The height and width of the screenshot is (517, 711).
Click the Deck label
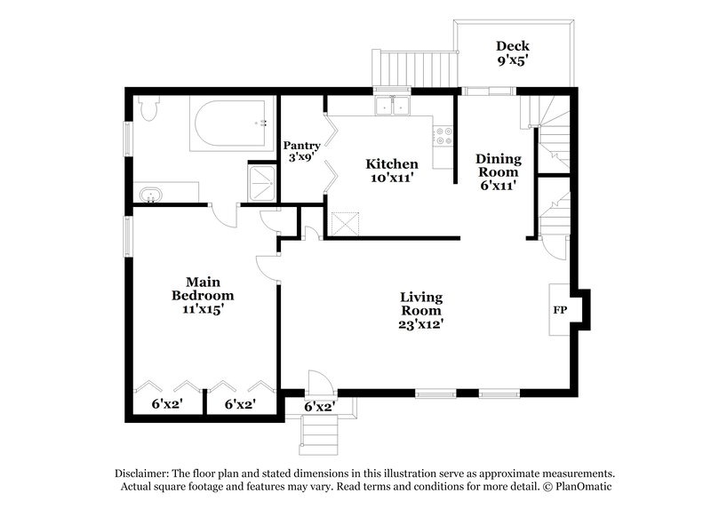pyautogui.click(x=513, y=46)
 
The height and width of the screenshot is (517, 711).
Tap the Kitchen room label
pyautogui.click(x=392, y=164)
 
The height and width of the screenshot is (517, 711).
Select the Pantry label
pyautogui.click(x=301, y=146)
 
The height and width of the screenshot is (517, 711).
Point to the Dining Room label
pyautogui.click(x=499, y=165)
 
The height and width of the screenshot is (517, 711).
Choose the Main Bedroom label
pyautogui.click(x=203, y=289)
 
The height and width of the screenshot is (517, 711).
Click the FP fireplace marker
pyautogui.click(x=560, y=311)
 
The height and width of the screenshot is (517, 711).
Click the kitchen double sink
pyautogui.click(x=393, y=107)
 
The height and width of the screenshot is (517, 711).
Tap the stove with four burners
pyautogui.click(x=442, y=136)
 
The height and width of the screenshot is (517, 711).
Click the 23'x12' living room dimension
pyautogui.click(x=421, y=325)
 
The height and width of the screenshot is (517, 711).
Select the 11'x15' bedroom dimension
pyautogui.click(x=203, y=310)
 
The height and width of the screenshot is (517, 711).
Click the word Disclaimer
pyautogui.click(x=141, y=473)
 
